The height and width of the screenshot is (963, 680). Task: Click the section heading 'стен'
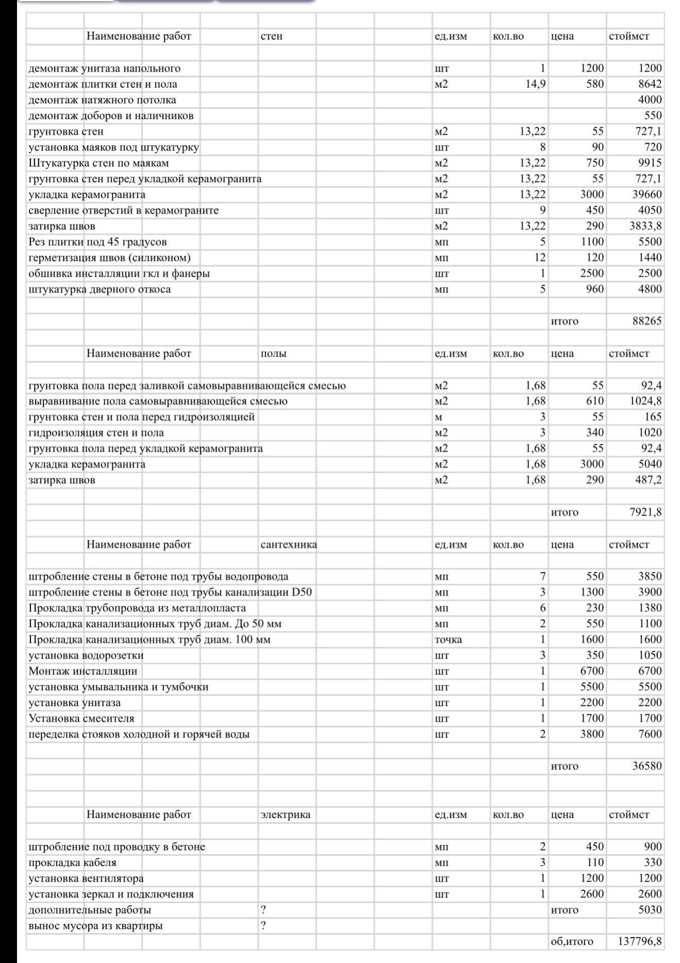(271, 37)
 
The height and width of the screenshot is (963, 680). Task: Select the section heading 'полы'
(274, 354)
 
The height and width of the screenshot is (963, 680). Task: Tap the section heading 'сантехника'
(288, 544)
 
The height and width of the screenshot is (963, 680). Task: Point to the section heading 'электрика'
(285, 815)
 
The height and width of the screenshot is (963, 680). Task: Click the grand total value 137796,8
(640, 941)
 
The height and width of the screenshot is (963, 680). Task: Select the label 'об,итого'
(572, 941)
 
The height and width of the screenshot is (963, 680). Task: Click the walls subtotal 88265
(647, 321)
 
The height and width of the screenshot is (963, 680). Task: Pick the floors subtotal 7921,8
(645, 512)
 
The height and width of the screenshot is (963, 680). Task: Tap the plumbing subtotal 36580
(647, 766)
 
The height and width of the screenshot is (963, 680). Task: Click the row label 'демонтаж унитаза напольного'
(105, 69)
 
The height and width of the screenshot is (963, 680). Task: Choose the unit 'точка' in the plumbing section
(448, 640)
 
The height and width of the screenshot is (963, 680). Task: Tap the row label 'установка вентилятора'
(86, 878)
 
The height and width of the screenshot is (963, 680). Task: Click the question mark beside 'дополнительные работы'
(264, 910)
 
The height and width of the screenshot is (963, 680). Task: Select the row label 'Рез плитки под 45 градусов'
(97, 242)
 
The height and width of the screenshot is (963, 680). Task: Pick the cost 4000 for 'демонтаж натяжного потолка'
(650, 100)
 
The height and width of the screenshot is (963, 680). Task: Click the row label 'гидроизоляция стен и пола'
(96, 433)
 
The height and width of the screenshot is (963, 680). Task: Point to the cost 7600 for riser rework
(650, 734)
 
